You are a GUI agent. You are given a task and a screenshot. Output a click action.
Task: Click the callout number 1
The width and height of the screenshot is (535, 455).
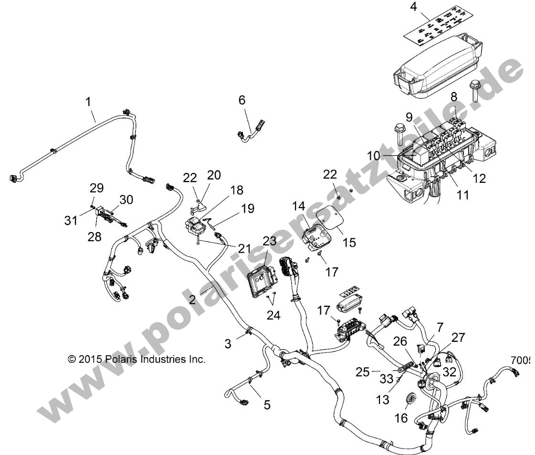click(87, 101)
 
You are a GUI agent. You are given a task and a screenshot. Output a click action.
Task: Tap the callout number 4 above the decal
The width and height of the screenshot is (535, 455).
click(413, 7)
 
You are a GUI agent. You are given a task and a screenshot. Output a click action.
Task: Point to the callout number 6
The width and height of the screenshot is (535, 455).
click(242, 100)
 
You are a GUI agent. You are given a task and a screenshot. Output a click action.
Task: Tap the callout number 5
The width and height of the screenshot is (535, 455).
click(267, 405)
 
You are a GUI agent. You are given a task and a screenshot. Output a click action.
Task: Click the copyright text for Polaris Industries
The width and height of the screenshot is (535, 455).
click(136, 359)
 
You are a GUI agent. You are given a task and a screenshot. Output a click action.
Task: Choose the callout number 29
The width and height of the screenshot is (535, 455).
click(96, 187)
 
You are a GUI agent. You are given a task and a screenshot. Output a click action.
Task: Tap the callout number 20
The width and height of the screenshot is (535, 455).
click(213, 175)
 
